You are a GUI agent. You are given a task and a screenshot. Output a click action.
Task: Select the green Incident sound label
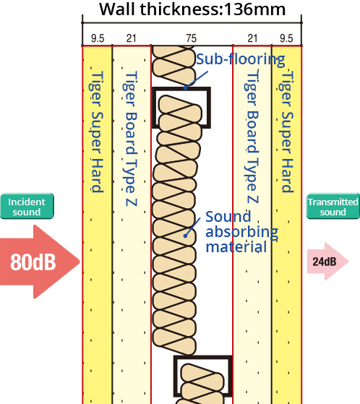[x=27, y=207]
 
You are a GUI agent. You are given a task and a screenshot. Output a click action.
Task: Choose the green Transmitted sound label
[x=333, y=207]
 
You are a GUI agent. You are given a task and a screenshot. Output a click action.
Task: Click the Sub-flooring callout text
[x=240, y=59]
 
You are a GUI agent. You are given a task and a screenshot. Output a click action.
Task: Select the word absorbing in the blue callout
[x=241, y=232]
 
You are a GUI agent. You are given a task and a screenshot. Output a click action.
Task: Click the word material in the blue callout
[x=236, y=246]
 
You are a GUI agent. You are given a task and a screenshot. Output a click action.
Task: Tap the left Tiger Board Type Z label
[x=131, y=137]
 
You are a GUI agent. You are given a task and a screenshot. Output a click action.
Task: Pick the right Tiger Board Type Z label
[x=252, y=137]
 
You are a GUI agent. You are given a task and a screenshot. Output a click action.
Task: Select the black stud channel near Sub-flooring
[x=205, y=108]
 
